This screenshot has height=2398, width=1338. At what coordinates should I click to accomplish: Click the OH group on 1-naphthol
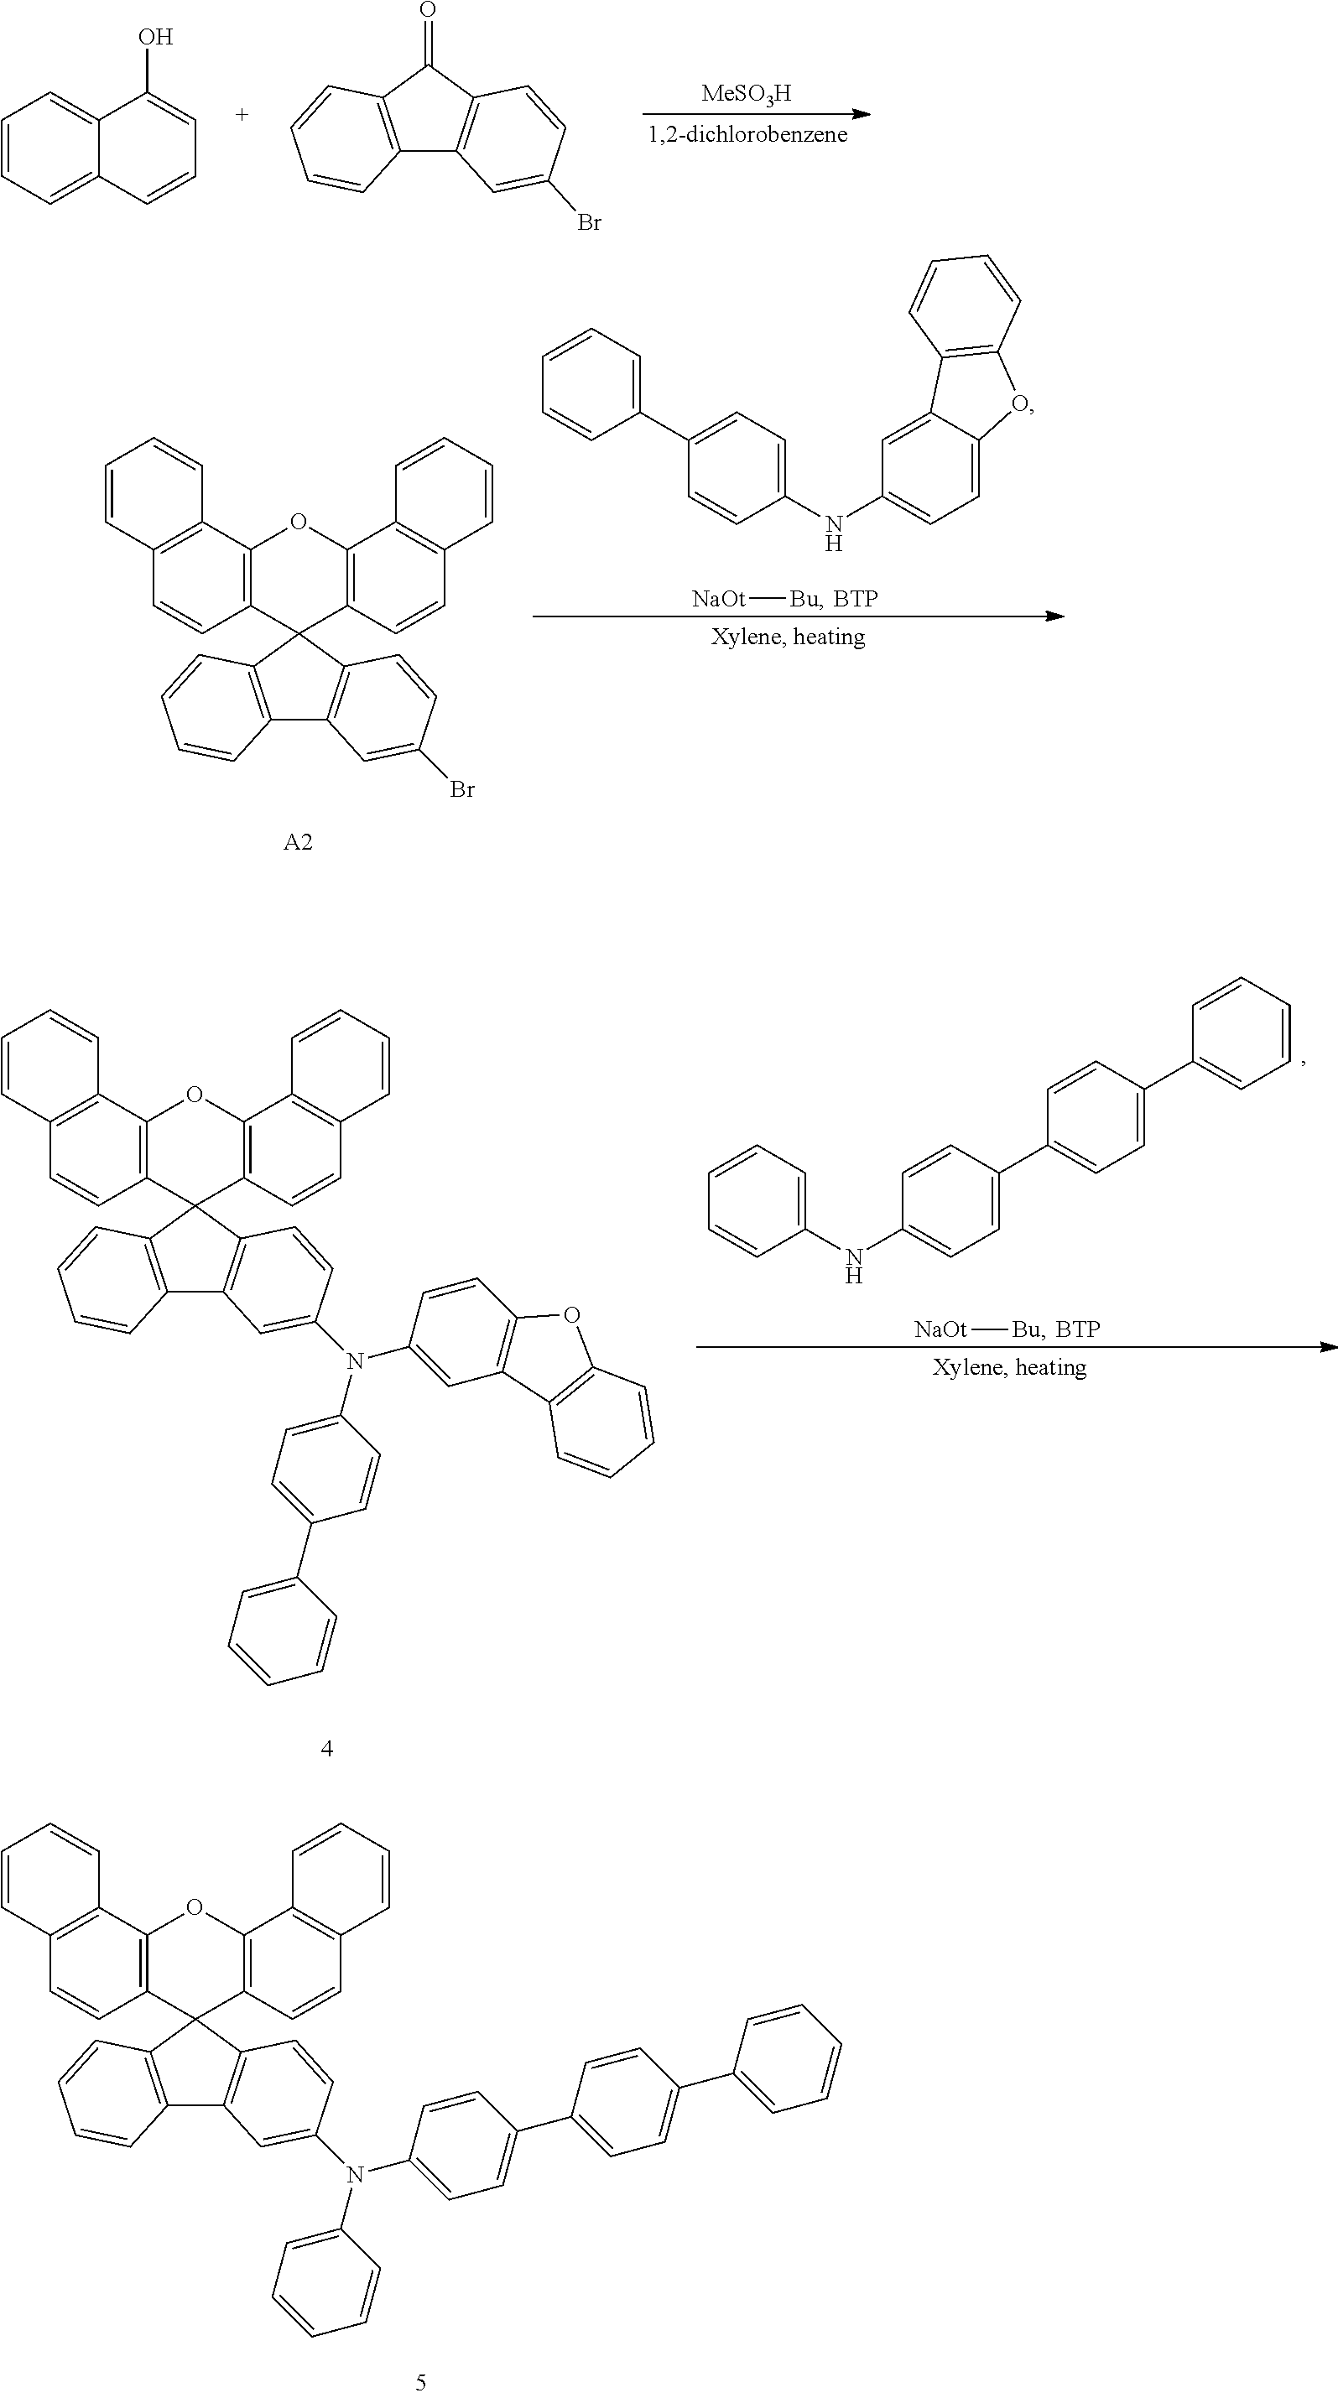[155, 37]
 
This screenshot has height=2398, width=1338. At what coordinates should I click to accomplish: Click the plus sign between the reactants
[242, 115]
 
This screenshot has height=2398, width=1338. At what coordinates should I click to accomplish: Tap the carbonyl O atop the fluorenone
[427, 11]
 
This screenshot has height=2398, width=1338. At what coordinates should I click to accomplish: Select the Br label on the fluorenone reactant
[590, 222]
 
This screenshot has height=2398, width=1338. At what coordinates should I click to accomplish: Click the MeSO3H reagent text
[746, 93]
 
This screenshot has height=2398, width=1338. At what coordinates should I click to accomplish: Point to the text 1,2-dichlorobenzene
[747, 135]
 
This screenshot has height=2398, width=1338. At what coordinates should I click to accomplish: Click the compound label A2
[298, 842]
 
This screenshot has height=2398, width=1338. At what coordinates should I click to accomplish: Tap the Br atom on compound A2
[462, 789]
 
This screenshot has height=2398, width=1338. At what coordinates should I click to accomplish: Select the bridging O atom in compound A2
[298, 523]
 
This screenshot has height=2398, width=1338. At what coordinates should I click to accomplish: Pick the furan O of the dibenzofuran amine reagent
[1021, 404]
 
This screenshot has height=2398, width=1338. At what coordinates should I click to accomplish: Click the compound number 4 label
[327, 1748]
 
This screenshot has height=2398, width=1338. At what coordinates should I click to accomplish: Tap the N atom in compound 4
[354, 1361]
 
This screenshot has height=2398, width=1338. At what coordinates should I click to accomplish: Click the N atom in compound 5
[354, 2175]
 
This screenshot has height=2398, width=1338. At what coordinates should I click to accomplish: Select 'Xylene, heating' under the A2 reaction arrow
[788, 637]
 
